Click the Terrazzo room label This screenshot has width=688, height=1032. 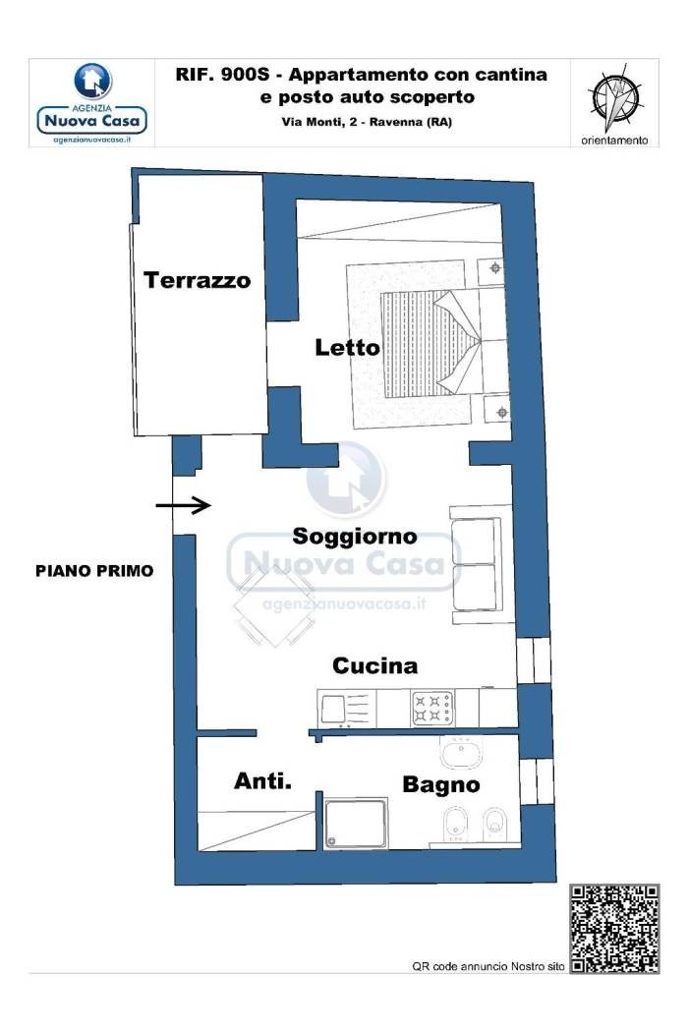[197, 280]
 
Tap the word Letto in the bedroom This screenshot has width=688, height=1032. [347, 348]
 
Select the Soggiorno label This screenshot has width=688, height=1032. [354, 537]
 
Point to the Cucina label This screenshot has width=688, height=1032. [374, 665]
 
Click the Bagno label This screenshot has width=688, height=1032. [440, 784]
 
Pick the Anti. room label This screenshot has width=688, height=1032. [262, 781]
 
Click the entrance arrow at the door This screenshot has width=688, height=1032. [183, 505]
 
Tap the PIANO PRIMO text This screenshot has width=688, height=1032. [94, 571]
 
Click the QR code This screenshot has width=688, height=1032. [614, 929]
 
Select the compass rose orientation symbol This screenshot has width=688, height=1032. [615, 98]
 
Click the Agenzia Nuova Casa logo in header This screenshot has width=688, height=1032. [92, 103]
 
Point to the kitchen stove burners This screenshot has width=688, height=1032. [432, 709]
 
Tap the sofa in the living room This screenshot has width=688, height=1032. [476, 564]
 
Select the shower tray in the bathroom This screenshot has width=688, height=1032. [356, 824]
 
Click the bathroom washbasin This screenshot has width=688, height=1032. [462, 752]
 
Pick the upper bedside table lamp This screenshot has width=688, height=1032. [495, 268]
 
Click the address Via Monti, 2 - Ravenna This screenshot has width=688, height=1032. [367, 122]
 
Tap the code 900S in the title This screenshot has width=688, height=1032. [243, 75]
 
